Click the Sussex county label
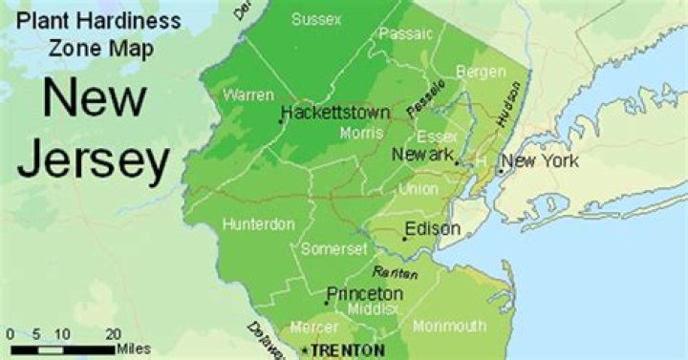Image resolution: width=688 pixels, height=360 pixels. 316,19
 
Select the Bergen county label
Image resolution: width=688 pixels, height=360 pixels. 480,72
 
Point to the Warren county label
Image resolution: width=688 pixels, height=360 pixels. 247,95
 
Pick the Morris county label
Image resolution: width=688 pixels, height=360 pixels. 361,134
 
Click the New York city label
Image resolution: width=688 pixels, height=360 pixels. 540,161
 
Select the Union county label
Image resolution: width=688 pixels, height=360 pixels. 418,189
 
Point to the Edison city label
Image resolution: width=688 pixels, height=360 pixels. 432,229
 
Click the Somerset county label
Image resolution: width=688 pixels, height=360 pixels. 333,249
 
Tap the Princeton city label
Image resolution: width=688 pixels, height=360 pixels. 364,293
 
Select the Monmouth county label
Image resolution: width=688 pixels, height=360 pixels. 449,327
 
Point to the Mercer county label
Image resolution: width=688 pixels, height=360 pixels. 313,327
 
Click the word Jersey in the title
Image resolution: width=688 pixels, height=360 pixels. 93,159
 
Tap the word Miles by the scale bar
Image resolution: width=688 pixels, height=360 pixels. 133,349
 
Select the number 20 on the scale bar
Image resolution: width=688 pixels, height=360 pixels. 112,334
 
